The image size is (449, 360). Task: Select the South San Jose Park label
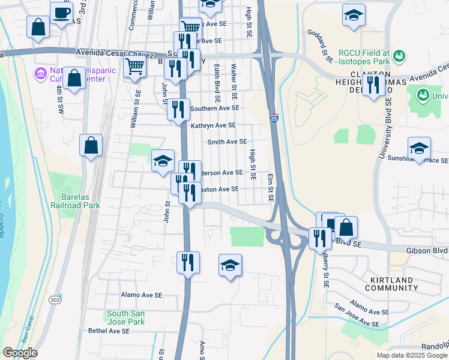click(125, 317)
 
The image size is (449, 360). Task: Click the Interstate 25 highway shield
click(274, 119)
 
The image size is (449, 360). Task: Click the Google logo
click(19, 353)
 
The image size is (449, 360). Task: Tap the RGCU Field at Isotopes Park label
click(363, 57)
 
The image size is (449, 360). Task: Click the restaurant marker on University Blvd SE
click(374, 85)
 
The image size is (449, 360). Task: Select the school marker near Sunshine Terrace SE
click(419, 148)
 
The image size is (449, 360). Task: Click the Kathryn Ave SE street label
click(213, 125)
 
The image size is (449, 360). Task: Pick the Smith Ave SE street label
click(227, 142)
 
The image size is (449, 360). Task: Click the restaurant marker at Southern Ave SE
click(178, 109)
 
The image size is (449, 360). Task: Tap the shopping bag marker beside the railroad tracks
click(91, 145)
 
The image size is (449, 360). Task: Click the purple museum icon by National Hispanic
click(41, 74)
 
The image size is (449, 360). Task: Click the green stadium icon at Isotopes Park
click(399, 56)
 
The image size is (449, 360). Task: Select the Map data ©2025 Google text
click(411, 355)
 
